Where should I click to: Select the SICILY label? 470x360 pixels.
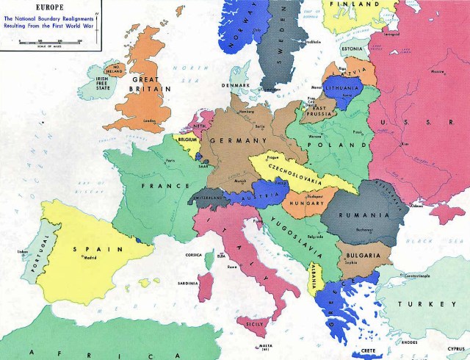coord(253,323)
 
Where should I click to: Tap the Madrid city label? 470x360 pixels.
coord(88,257)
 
